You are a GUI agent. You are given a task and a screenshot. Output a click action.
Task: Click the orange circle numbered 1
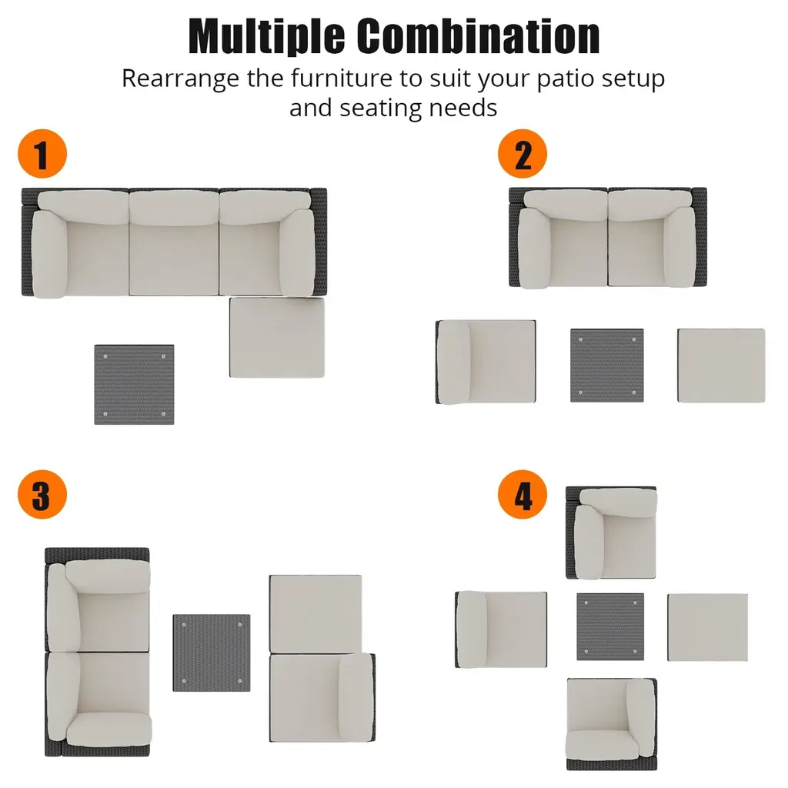point(42,154)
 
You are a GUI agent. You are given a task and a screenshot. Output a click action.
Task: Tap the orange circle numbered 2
point(523,154)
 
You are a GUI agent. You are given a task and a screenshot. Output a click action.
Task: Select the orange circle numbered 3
point(42,495)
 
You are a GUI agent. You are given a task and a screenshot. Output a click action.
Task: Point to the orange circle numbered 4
point(523,495)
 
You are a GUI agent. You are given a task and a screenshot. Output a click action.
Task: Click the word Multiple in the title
point(266,36)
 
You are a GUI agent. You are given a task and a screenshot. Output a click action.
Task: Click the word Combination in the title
point(479,36)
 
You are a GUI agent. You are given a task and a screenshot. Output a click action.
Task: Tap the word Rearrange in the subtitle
point(180,79)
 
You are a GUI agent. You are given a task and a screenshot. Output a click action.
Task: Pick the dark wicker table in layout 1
point(134,385)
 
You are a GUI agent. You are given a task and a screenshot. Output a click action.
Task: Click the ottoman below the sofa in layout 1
point(277,337)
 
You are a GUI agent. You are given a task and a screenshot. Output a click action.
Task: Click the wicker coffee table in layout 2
point(607,366)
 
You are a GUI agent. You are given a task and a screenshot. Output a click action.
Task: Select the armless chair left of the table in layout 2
point(486,362)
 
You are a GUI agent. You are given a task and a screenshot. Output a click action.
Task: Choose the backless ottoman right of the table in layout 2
point(721,366)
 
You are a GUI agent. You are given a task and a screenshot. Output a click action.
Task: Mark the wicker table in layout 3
point(212,653)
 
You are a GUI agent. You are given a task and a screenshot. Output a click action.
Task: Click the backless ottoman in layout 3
point(316,613)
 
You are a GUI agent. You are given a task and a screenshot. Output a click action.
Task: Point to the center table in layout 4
point(610,626)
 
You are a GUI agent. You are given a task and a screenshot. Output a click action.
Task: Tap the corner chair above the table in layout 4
point(611,533)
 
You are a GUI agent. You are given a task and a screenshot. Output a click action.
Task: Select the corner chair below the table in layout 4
point(612,724)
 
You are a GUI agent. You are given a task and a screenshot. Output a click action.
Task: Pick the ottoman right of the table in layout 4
point(708,627)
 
